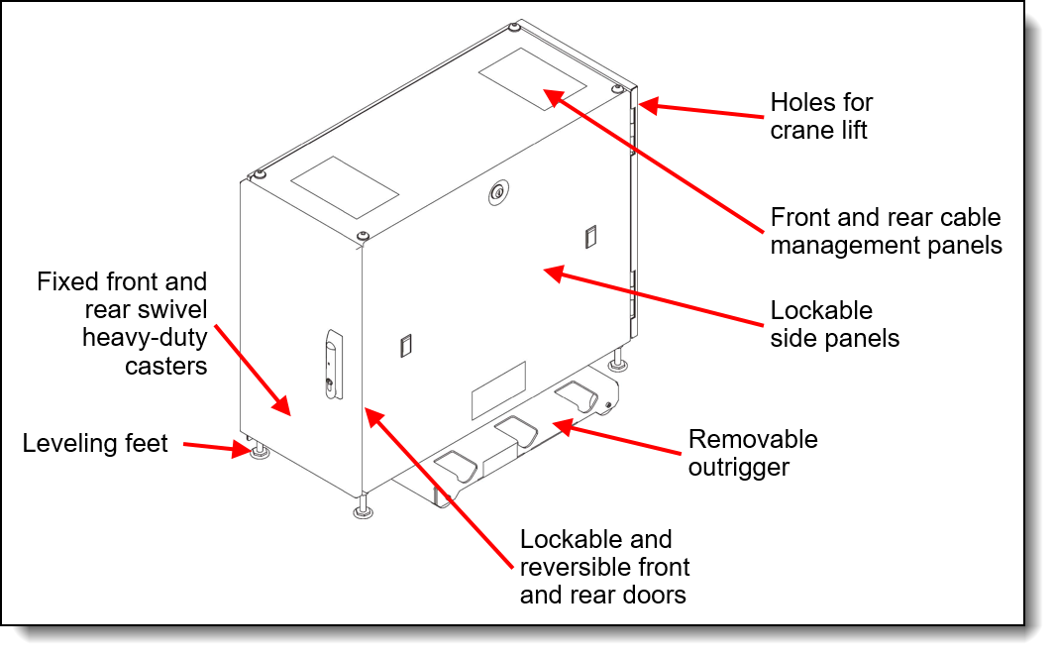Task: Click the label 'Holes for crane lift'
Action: pyautogui.click(x=821, y=116)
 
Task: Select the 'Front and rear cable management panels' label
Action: pyautogui.click(x=886, y=231)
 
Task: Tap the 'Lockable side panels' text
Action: pyautogui.click(x=834, y=324)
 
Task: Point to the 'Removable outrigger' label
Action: pyautogui.click(x=753, y=452)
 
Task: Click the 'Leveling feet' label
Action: pyautogui.click(x=95, y=443)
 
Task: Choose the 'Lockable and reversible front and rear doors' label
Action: pyautogui.click(x=604, y=567)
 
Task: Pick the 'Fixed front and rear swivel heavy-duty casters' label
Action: pyautogui.click(x=122, y=324)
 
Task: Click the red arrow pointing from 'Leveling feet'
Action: pyautogui.click(x=214, y=448)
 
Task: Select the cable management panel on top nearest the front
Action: pyautogui.click(x=344, y=187)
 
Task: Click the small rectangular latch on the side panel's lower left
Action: pyautogui.click(x=404, y=345)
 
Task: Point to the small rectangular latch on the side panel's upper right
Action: pyautogui.click(x=590, y=236)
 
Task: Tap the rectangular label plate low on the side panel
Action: pyautogui.click(x=497, y=390)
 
